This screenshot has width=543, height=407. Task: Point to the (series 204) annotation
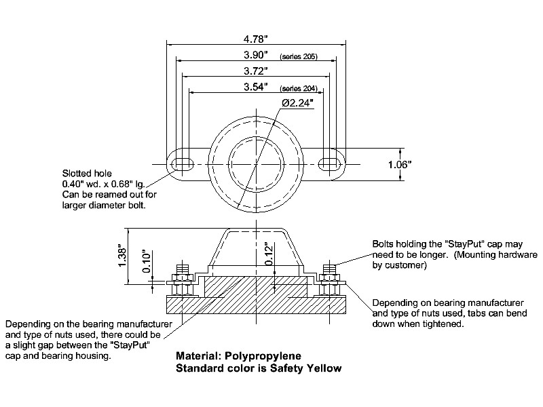pyautogui.click(x=299, y=89)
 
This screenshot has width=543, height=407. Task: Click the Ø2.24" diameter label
pyautogui.click(x=297, y=102)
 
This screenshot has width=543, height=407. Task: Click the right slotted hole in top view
pyautogui.click(x=330, y=163)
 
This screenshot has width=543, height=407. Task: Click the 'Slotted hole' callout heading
pyautogui.click(x=83, y=174)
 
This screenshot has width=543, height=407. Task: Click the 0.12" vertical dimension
pyautogui.click(x=269, y=254)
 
